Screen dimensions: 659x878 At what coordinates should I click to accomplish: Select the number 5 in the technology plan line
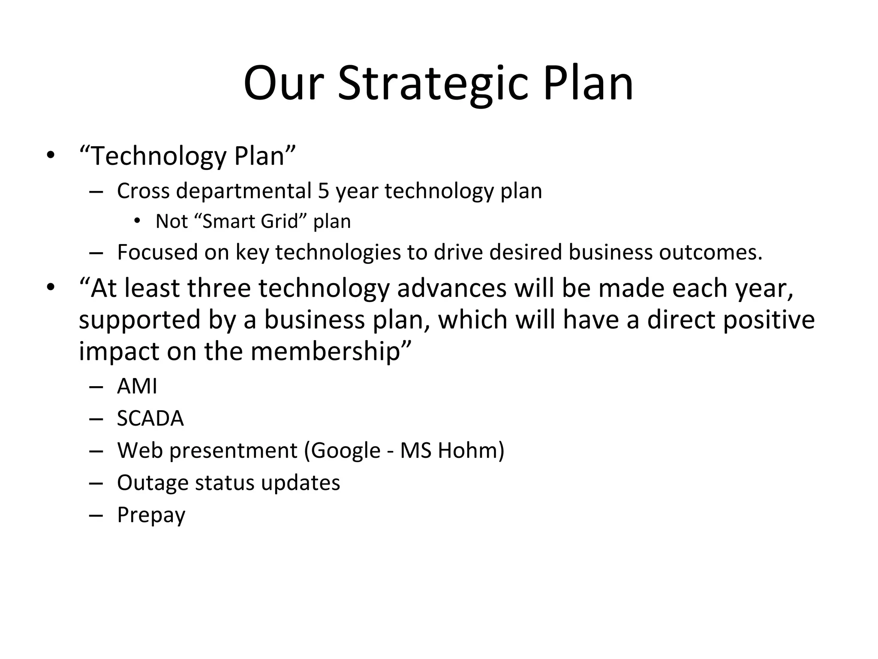(323, 191)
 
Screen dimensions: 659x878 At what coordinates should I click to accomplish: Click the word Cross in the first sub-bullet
(143, 191)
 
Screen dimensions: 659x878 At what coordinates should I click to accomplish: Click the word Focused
(157, 252)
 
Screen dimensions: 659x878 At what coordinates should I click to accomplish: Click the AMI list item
(137, 386)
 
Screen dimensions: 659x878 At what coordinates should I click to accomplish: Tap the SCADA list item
(150, 418)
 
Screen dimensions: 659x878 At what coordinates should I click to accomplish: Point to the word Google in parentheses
(345, 450)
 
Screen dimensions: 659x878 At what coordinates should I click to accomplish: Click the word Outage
(152, 483)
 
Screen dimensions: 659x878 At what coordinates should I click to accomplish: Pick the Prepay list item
(151, 515)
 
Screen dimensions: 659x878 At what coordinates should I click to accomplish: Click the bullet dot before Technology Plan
(51, 155)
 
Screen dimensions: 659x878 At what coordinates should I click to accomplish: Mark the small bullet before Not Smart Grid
(137, 221)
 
